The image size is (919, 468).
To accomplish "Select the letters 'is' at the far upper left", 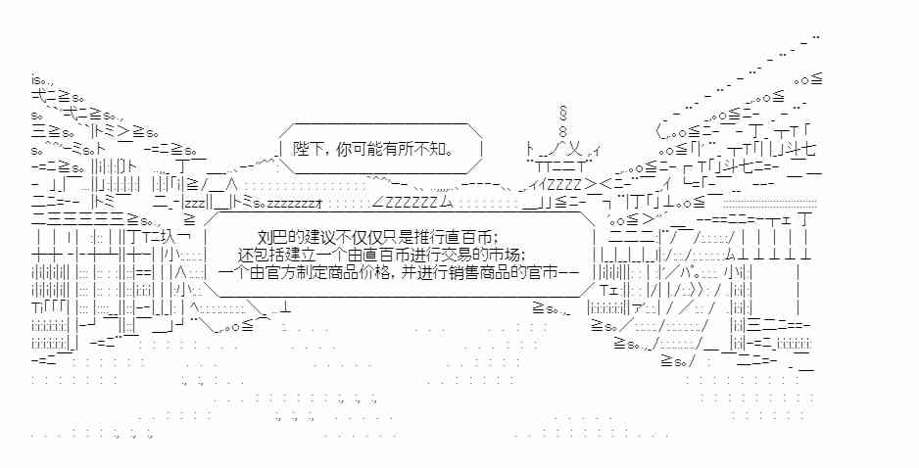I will [36, 77].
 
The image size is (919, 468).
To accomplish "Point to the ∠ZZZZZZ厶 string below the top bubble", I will [411, 202].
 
